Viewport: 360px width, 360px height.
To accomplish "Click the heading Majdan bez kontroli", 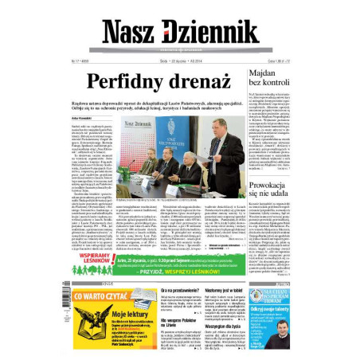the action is pyautogui.click(x=270, y=76).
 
